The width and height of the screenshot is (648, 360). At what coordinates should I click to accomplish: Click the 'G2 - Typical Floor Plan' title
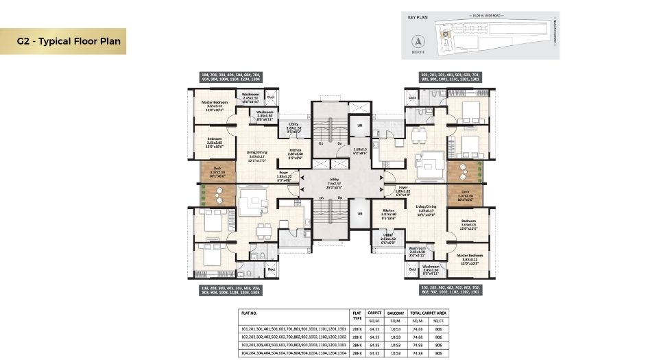pyautogui.click(x=69, y=41)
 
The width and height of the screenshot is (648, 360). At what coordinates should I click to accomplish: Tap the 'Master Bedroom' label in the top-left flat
pyautogui.click(x=214, y=103)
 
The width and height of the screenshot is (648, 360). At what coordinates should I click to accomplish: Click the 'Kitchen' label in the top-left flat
pyautogui.click(x=295, y=150)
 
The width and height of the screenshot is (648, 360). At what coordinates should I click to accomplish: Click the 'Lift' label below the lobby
pyautogui.click(x=359, y=213)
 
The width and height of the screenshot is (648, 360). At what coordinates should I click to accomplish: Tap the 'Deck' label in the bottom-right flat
pyautogui.click(x=464, y=192)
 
